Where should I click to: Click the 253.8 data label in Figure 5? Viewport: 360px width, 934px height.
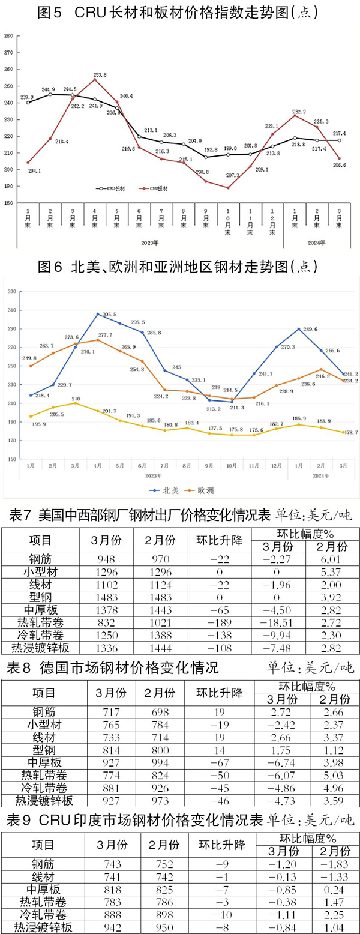tap(100, 75)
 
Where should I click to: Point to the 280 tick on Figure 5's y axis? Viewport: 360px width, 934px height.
tap(8, 36)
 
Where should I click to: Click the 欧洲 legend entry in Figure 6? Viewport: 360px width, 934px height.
tap(205, 490)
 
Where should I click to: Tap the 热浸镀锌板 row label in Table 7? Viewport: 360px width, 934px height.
tap(41, 647)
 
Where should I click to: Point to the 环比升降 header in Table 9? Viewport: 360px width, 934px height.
tap(220, 844)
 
